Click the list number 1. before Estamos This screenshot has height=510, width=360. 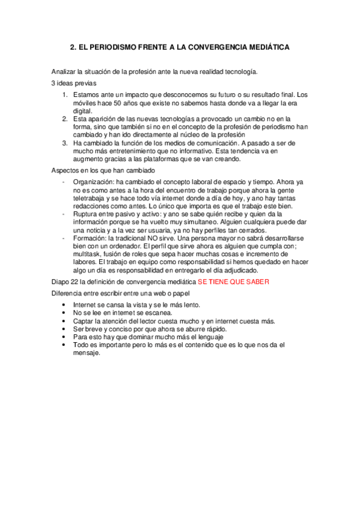click(66, 95)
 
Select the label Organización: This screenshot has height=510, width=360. click(94, 182)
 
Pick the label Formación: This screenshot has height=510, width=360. click(92, 238)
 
